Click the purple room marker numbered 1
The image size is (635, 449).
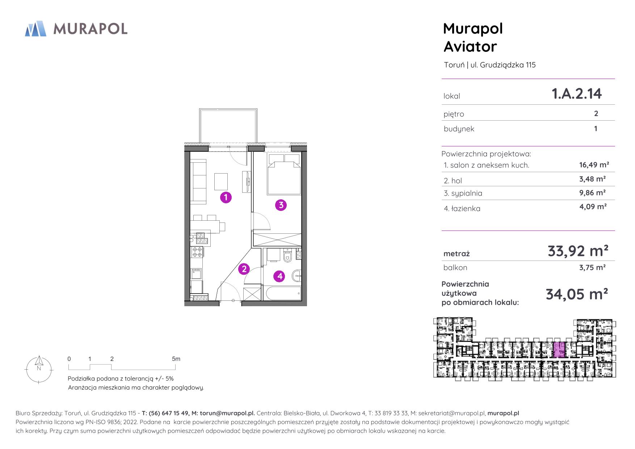click(x=226, y=198)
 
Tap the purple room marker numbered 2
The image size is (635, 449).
click(x=244, y=269)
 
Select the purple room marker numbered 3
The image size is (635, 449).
click(x=281, y=205)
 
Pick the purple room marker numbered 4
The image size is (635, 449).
click(x=280, y=277)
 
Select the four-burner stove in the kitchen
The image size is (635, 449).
click(x=197, y=252)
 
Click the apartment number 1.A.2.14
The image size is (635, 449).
click(x=576, y=93)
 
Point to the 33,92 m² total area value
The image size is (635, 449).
click(x=578, y=250)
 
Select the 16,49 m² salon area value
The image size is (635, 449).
click(x=594, y=165)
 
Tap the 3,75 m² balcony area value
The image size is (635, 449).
click(x=593, y=267)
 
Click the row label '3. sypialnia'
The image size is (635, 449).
click(x=463, y=193)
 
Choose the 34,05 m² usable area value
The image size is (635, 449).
click(x=577, y=294)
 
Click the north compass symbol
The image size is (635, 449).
click(x=39, y=369)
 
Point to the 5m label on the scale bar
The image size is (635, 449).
click(x=176, y=359)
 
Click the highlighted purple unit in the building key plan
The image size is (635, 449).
click(x=559, y=350)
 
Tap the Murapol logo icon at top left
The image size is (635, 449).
click(x=35, y=29)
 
